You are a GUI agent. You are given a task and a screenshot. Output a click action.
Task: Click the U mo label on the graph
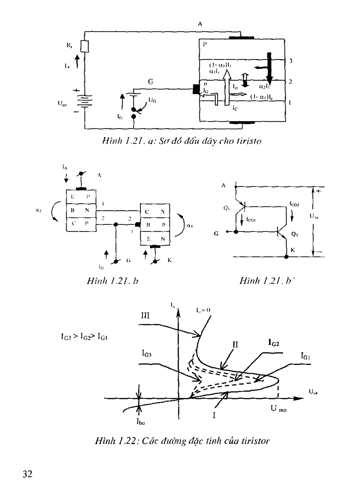pyautogui.click(x=279, y=409)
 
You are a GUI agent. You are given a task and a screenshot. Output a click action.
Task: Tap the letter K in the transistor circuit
pyautogui.click(x=292, y=250)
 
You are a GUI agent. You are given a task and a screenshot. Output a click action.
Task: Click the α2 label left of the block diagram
pyautogui.click(x=39, y=210)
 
